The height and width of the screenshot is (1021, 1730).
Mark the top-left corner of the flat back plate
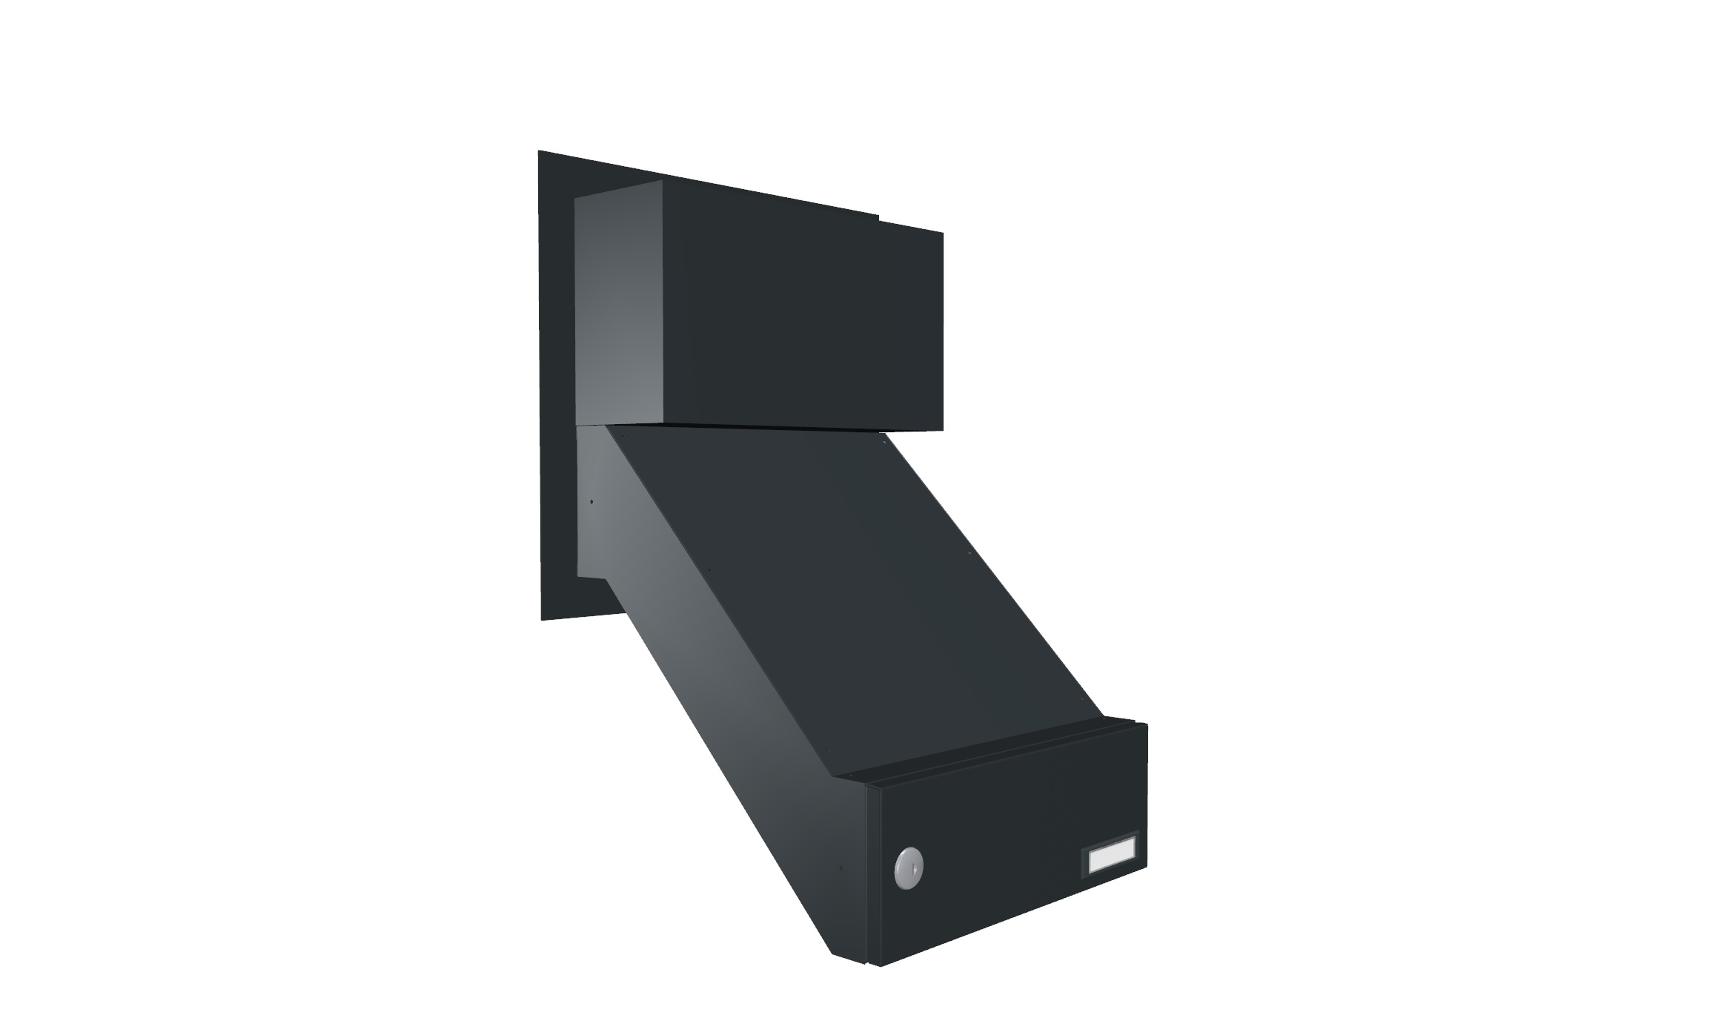point(540,152)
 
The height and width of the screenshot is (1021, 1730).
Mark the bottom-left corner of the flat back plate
point(543,619)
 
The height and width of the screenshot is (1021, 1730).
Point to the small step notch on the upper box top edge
point(879,218)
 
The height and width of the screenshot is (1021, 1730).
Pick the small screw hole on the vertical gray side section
point(591,502)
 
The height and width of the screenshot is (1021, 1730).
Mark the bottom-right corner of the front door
point(1147,865)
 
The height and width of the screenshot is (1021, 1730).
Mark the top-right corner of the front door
point(1147,724)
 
